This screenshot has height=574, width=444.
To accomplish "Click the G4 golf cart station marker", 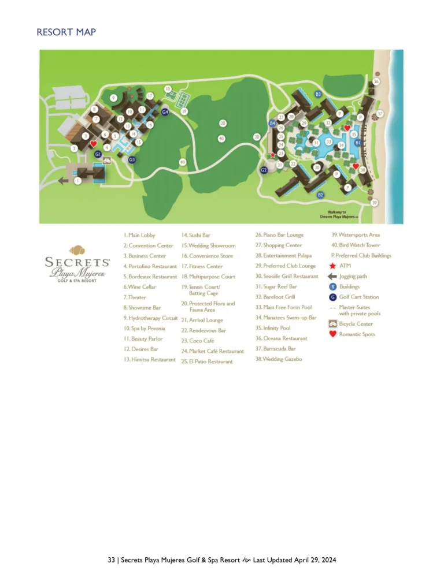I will (165, 112).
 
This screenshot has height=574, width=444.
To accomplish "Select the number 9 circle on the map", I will (114, 98).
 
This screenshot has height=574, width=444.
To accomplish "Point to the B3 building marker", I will (318, 94).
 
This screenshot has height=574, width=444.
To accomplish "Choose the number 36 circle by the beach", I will (376, 82).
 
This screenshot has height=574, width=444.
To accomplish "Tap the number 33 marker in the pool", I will (329, 141).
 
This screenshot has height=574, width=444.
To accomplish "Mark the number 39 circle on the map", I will (375, 203).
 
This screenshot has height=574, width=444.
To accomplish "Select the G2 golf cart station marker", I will (264, 170).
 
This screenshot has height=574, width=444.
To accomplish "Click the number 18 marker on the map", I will (168, 89).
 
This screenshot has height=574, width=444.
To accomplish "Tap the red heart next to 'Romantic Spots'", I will (332, 334).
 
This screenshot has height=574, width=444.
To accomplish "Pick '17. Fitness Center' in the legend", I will (202, 266).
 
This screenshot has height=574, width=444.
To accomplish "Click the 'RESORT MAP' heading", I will (66, 32).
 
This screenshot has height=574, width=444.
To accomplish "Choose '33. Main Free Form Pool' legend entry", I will (283, 307).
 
